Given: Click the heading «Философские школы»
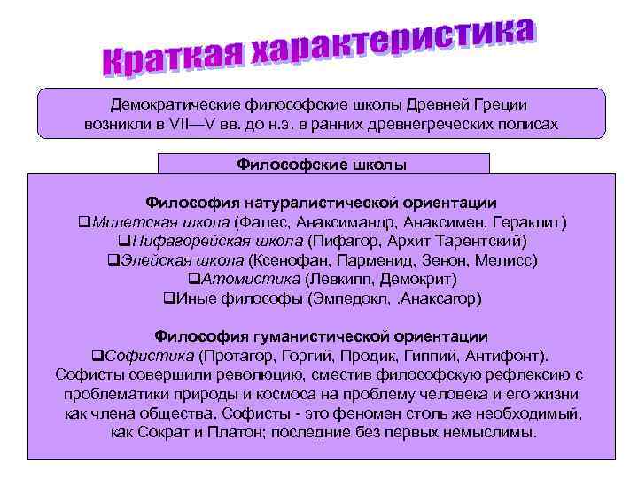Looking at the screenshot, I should pyautogui.click(x=323, y=164).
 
